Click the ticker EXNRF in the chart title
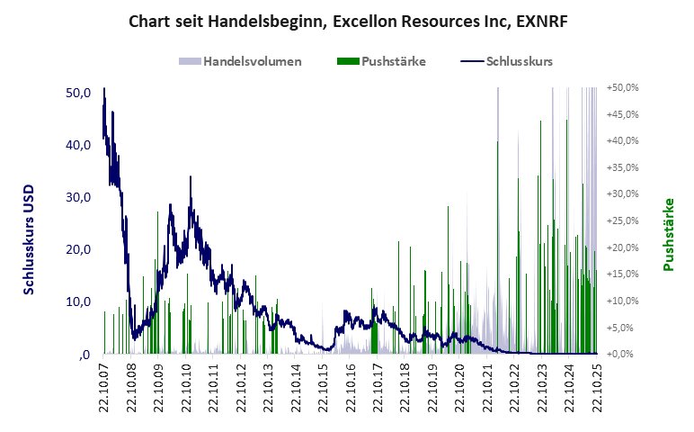coord(543,19)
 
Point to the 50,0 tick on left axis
coord(79,93)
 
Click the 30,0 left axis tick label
coord(79,197)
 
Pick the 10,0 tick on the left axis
coord(79,301)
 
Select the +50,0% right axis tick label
coord(622,88)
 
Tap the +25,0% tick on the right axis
coord(622,220)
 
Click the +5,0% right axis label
coord(622,328)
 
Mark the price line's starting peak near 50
coord(104,90)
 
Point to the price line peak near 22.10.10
coord(191,178)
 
